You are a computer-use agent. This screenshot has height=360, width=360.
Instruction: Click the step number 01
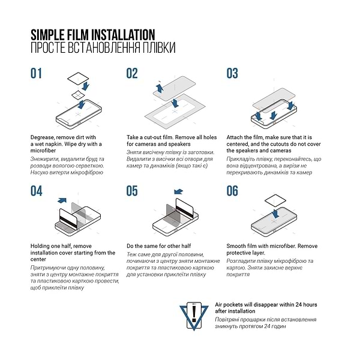pos(37,74)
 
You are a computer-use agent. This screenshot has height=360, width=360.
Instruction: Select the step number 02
pos(132,74)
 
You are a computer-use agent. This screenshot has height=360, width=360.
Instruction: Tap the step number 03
pos(232,74)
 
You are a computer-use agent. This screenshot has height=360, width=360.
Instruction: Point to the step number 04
pos(37,191)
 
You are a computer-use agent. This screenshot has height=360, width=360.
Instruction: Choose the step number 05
pos(133,191)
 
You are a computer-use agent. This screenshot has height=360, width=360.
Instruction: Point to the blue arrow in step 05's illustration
pos(178,192)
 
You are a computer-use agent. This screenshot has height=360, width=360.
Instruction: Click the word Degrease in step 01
pos(44,137)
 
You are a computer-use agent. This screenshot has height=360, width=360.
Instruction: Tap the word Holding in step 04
pos(43,246)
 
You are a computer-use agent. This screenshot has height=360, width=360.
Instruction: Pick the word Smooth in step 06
pos(238,246)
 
